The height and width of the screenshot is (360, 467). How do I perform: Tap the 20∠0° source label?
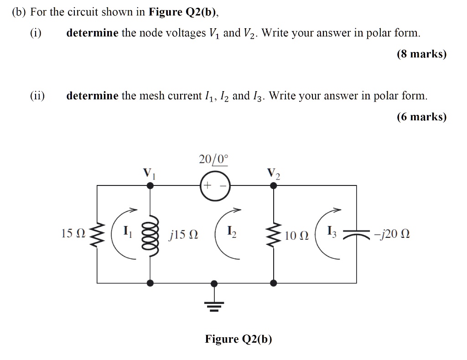213,159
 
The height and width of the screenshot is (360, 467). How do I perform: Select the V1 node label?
150,173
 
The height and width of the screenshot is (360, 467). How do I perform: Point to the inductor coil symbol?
151,234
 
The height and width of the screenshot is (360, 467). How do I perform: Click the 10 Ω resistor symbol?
274,234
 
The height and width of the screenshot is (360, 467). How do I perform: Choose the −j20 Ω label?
391,235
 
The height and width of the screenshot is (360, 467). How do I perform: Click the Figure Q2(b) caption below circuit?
238,339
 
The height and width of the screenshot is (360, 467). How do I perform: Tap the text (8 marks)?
421,54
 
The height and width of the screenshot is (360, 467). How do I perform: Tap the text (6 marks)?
421,117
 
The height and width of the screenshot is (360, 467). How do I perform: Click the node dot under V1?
150,185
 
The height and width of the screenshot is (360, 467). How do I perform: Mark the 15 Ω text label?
73,234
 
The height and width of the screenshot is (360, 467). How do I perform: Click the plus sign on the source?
208,186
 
